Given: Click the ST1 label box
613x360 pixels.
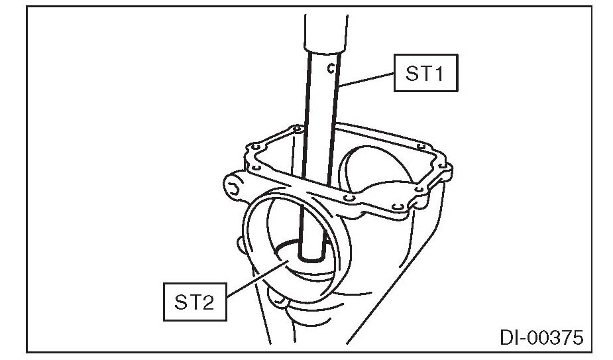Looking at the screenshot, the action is click(425, 72).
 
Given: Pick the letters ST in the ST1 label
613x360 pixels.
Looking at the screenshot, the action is click(416, 73).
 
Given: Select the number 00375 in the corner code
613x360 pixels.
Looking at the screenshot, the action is click(555, 338).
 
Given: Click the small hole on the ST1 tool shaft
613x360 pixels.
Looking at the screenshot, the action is click(329, 66).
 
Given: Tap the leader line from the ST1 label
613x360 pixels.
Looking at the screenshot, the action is click(368, 79).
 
